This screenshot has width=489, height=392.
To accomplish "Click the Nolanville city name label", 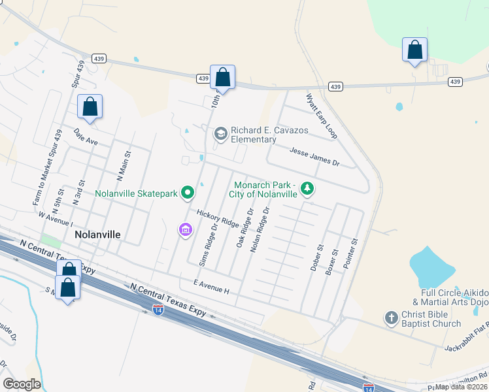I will coord(98,233).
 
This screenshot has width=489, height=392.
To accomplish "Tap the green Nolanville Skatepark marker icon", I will coord(188,193).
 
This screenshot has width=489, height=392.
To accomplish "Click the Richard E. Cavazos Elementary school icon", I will coord(221,134).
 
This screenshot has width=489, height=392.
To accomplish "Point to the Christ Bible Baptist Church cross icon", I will coord(391,318).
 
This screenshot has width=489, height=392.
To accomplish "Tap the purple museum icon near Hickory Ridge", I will coord(185,229).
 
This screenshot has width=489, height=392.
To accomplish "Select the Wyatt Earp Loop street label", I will coord(322,116).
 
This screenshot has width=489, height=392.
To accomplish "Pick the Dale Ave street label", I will coord(85,136).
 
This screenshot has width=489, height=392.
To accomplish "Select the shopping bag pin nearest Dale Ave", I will coord(90,107).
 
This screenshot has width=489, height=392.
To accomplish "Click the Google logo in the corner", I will coord(22,384).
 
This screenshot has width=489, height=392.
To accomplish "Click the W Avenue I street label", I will coord(54,219).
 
